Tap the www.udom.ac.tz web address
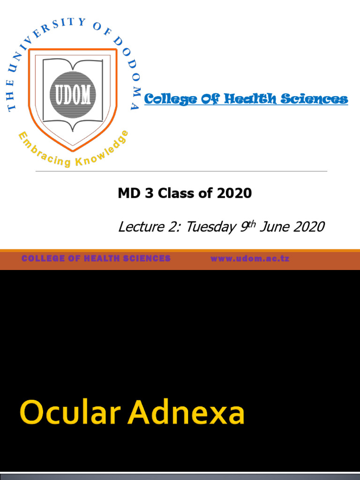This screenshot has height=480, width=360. coord(250,259)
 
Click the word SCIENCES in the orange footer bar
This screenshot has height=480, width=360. coord(147,259)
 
